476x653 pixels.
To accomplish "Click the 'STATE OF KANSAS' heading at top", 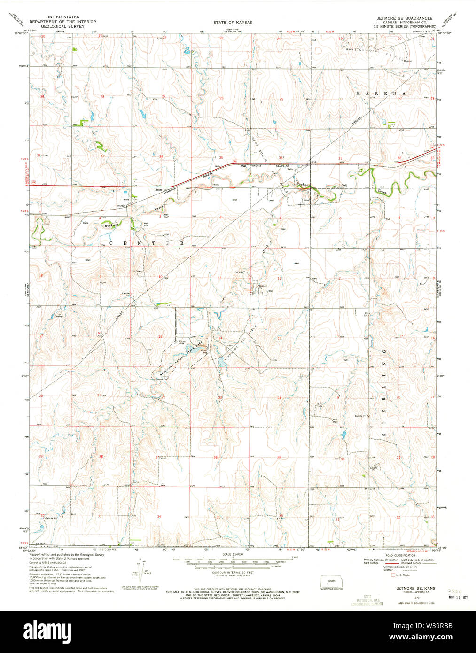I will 233,22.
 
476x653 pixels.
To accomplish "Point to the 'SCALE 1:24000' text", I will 233,554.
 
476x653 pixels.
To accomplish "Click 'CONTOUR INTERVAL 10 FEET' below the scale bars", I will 233,573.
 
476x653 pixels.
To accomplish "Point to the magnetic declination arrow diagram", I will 140,570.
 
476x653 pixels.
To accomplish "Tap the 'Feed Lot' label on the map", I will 262,286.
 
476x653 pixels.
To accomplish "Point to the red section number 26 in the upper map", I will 221,98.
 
